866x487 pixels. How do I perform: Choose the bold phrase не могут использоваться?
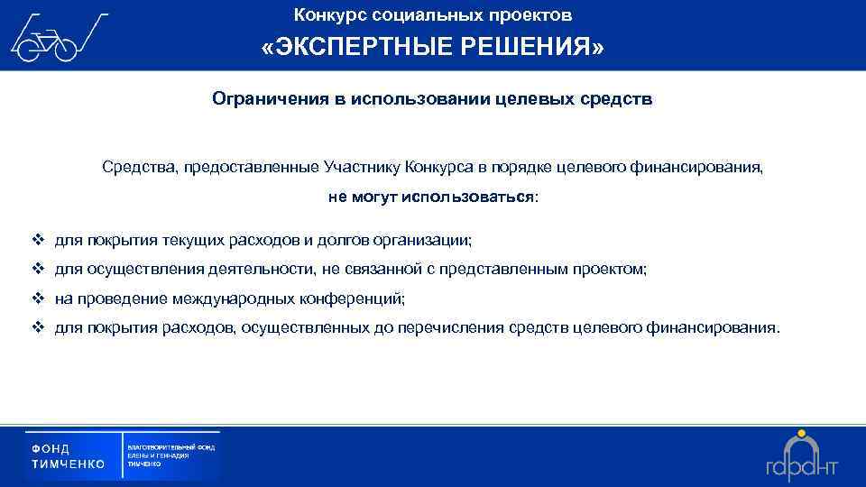pyautogui.click(x=430, y=197)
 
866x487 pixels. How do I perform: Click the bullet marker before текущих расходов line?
pyautogui.click(x=37, y=240)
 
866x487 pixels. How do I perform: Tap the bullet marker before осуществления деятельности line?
pyautogui.click(x=37, y=269)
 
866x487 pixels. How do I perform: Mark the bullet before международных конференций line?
pyautogui.click(x=37, y=298)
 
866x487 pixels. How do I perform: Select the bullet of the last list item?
pyautogui.click(x=37, y=327)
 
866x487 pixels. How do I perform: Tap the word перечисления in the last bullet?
pyautogui.click(x=455, y=327)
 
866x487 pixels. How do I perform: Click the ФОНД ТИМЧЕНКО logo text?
pyautogui.click(x=69, y=456)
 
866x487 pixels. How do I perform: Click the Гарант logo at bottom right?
pyautogui.click(x=801, y=458)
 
